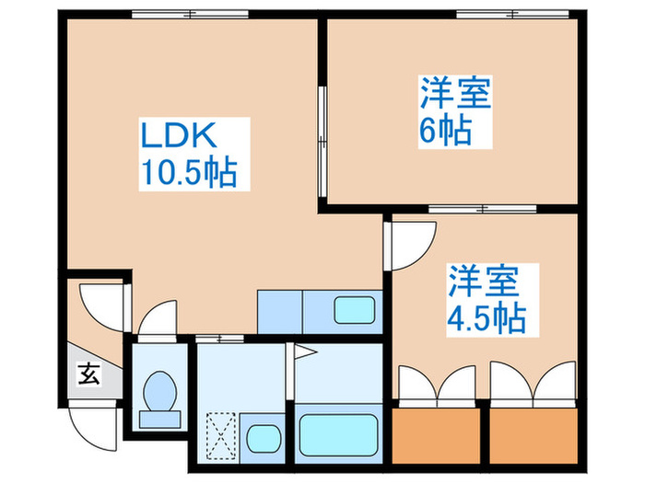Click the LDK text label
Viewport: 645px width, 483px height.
(x=179, y=134)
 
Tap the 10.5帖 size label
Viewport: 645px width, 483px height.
(x=189, y=172)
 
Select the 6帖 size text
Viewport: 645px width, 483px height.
(x=445, y=131)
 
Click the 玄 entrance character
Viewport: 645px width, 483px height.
(x=89, y=374)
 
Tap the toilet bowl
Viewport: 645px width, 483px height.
(x=160, y=391)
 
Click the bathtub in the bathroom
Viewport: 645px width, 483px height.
(x=338, y=435)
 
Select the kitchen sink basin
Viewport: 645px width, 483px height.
(x=355, y=310)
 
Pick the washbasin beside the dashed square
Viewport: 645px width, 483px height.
(x=264, y=439)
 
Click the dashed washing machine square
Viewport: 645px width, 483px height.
(x=221, y=436)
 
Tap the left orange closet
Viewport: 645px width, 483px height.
(x=437, y=436)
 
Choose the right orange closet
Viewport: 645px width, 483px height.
(x=534, y=436)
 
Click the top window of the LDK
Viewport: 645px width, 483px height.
(x=190, y=14)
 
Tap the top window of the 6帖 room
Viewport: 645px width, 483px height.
(x=512, y=14)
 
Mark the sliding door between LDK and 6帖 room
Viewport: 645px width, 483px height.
(x=322, y=142)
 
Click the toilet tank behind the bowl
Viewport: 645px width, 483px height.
(x=160, y=420)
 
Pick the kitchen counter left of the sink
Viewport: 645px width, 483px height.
(x=280, y=312)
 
